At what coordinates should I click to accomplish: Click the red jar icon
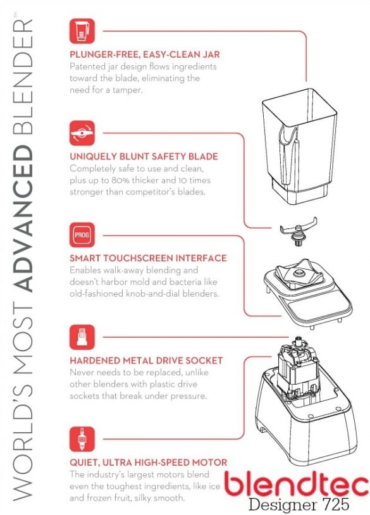(x=82, y=31)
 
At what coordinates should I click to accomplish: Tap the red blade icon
(x=82, y=133)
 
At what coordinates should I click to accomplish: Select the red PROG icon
(x=82, y=235)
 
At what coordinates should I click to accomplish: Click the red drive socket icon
(x=82, y=337)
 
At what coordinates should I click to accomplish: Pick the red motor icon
(x=82, y=439)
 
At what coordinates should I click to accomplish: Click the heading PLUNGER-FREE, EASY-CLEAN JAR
(x=145, y=54)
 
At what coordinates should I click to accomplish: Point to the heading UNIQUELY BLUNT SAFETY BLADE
(x=144, y=156)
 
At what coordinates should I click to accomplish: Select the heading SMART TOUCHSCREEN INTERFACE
(x=148, y=258)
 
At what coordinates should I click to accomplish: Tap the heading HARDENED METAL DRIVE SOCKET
(x=146, y=360)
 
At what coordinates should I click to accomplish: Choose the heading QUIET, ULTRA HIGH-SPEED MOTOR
(x=149, y=462)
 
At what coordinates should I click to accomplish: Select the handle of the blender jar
(x=288, y=154)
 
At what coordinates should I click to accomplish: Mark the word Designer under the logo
(x=281, y=504)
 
